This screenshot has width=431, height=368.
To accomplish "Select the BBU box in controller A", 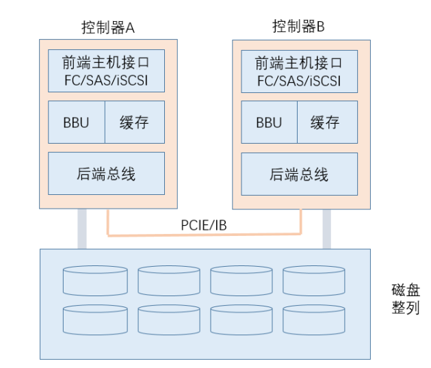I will tap(76, 122).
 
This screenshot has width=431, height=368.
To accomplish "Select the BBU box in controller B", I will tap(269, 122).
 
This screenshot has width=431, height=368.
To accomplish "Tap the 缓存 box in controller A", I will tap(134, 122).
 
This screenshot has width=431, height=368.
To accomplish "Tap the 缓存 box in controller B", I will tap(326, 122).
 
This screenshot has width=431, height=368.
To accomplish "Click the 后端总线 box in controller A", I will tap(106, 174).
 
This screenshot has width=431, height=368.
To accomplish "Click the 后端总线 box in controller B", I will tap(299, 174).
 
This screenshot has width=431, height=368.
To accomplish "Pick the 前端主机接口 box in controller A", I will tap(106, 63).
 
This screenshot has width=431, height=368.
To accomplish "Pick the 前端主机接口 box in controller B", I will tap(299, 63).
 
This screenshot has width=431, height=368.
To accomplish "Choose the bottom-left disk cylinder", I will tap(93, 319).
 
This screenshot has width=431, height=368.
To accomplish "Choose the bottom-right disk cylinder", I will tap(313, 319).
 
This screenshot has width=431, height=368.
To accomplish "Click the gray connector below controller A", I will tap(82, 228).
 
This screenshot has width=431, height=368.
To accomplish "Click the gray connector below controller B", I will tap(326, 228).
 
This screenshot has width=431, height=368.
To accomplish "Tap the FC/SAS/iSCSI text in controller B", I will tap(299, 81).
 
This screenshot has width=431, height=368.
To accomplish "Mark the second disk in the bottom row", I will tap(168, 319).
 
